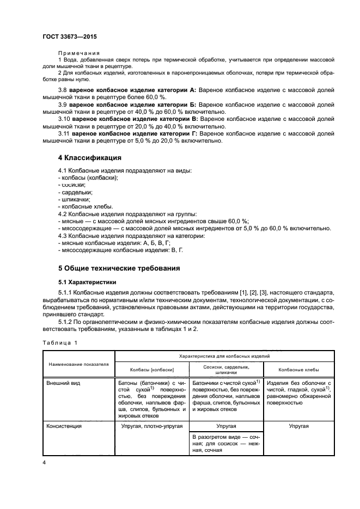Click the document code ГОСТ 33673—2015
point(66,38)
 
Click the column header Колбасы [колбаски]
point(151,369)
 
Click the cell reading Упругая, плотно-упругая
point(151,426)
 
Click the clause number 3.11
point(64,132)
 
